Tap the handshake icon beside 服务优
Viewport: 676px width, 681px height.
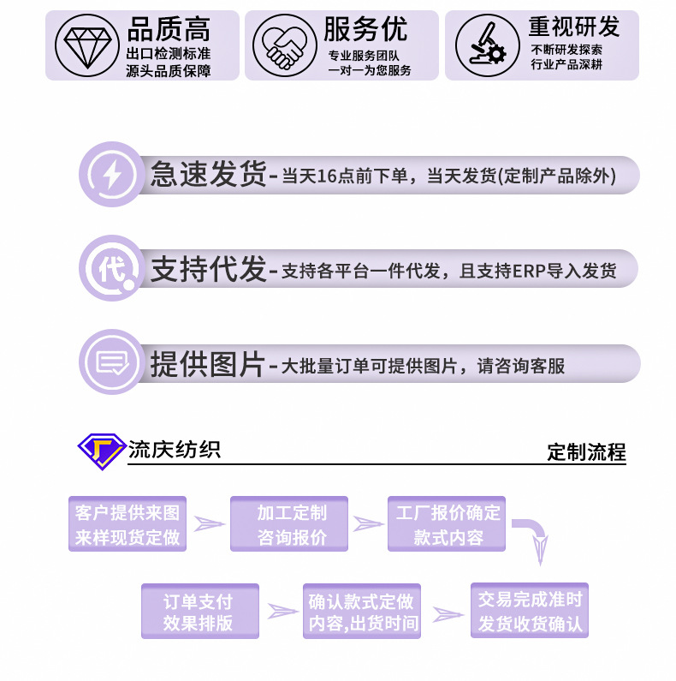283,45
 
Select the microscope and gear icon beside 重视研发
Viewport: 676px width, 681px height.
482,45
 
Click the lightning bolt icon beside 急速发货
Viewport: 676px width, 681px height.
112,176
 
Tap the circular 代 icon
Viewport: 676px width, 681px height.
112,270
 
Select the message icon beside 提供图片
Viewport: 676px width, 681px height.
112,363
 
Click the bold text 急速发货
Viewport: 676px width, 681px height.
209,175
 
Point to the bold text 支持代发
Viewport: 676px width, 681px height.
209,269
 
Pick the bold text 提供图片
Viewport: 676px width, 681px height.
209,363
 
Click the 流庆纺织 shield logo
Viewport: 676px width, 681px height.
101,450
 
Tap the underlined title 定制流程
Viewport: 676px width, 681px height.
586,452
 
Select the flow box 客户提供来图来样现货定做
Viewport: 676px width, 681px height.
127,524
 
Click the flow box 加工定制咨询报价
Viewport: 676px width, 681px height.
289,524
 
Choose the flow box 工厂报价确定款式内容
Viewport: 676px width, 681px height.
447,524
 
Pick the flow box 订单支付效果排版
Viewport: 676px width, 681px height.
199,612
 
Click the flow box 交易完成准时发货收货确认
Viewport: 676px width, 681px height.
530,610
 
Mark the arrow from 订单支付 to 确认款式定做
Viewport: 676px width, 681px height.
282,611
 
